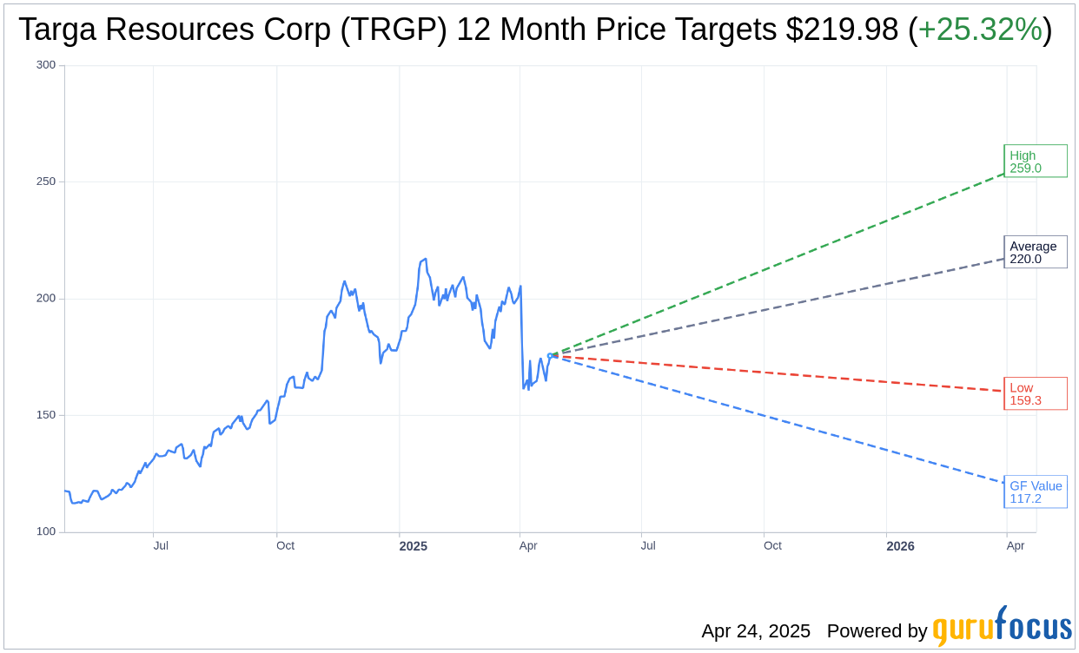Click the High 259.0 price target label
pos(1035,162)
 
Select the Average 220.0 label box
pos(1035,252)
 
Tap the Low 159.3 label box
pos(1035,394)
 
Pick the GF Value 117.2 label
pos(1035,492)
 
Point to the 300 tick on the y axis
pos(46,65)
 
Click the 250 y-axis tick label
pos(46,181)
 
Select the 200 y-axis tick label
pos(46,299)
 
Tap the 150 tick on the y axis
pos(46,415)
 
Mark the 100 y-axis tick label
pos(46,531)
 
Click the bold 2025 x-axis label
pos(413,546)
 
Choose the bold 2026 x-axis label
pos(900,546)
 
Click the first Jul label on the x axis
pos(161,546)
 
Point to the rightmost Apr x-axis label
pos(1015,546)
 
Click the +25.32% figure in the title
pos(980,30)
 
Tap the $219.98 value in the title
pos(842,30)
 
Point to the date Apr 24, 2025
pos(756,631)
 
